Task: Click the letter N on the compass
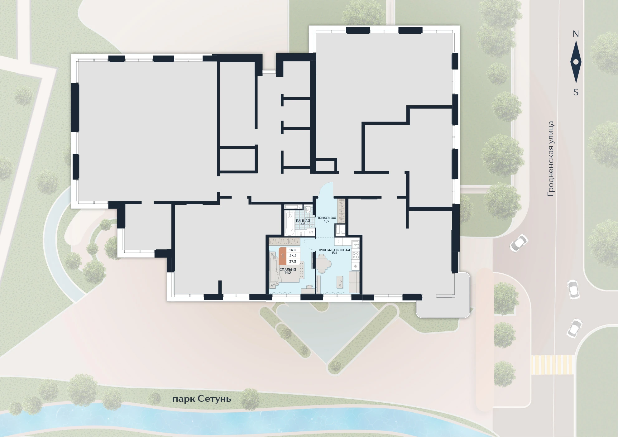click(x=576, y=34)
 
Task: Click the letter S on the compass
click(x=576, y=92)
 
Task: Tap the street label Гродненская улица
click(x=551, y=159)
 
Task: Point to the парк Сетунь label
click(x=202, y=399)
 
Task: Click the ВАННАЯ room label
click(x=303, y=221)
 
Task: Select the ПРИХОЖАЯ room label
click(x=326, y=218)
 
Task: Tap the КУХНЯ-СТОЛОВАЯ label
click(x=334, y=250)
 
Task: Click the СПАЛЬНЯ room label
click(x=288, y=270)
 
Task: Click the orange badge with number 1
click(x=283, y=256)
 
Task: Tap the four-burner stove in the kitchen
click(x=355, y=256)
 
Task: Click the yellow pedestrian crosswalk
click(x=552, y=365)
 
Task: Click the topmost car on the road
click(x=519, y=243)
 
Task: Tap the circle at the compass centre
click(x=576, y=62)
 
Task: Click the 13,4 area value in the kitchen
click(x=334, y=253)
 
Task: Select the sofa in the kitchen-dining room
click(x=354, y=282)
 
